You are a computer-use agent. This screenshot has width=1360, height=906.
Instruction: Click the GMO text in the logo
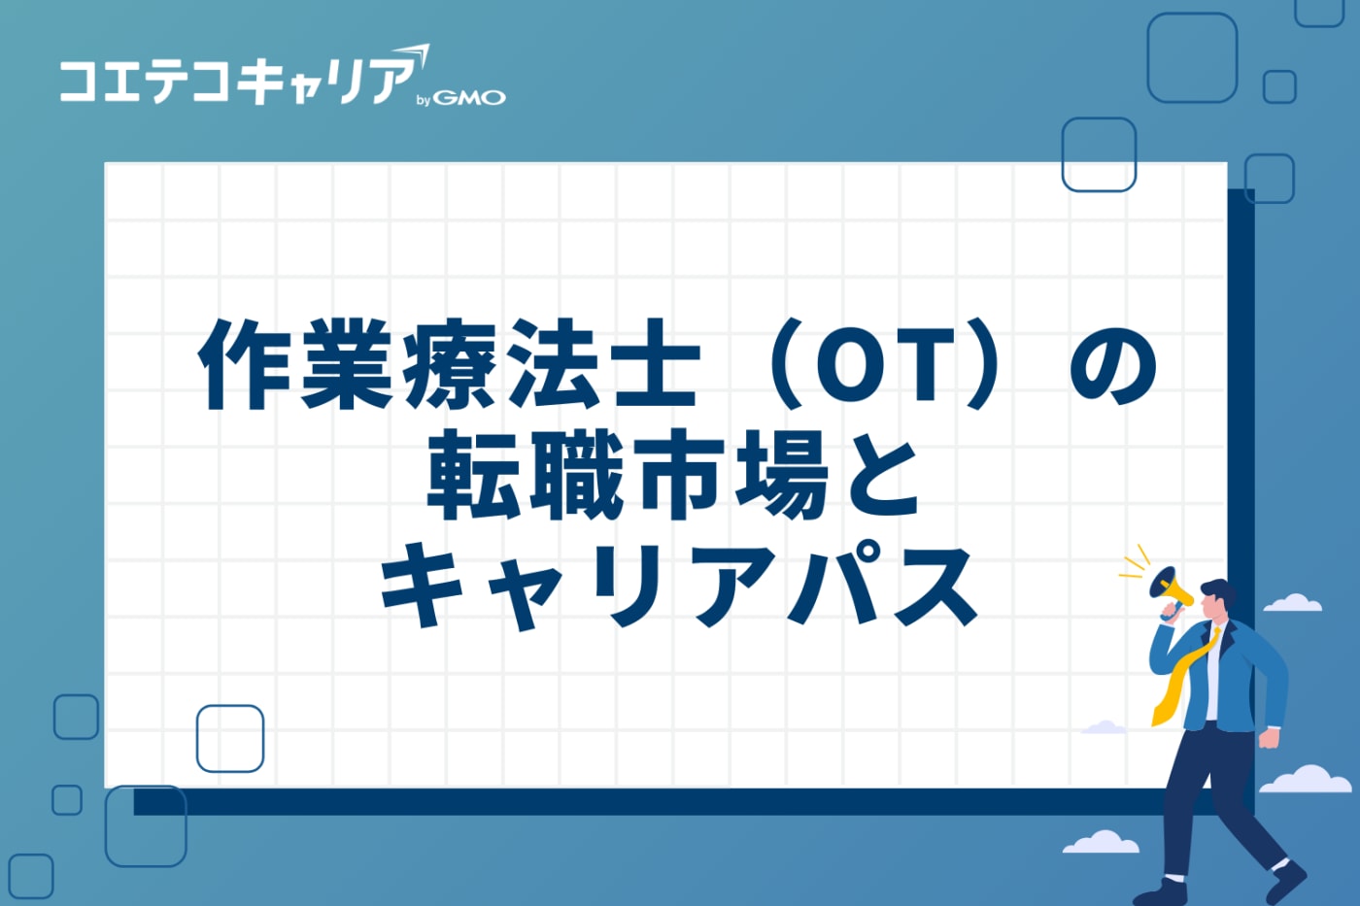click(469, 98)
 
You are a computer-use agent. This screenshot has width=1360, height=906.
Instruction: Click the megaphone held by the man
click(1170, 587)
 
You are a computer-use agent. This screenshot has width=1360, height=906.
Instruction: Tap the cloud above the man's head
click(1292, 603)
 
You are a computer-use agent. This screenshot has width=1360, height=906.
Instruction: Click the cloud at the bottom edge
click(1101, 843)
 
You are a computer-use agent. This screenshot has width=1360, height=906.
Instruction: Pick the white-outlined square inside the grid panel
click(230, 738)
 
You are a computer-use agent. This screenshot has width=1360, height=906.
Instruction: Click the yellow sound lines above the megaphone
click(1135, 563)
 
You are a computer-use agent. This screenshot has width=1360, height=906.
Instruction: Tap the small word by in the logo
click(423, 100)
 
